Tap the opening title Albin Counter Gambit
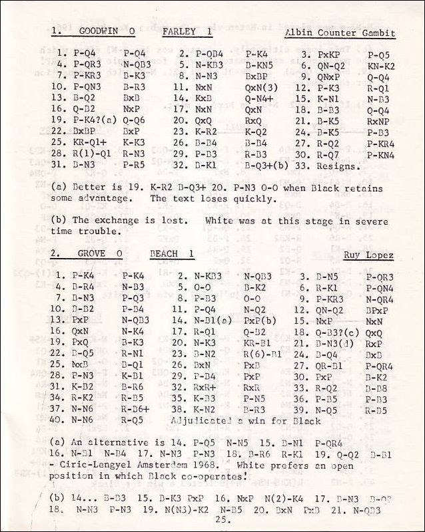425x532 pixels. (x=340, y=33)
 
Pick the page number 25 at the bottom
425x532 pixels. (x=222, y=520)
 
